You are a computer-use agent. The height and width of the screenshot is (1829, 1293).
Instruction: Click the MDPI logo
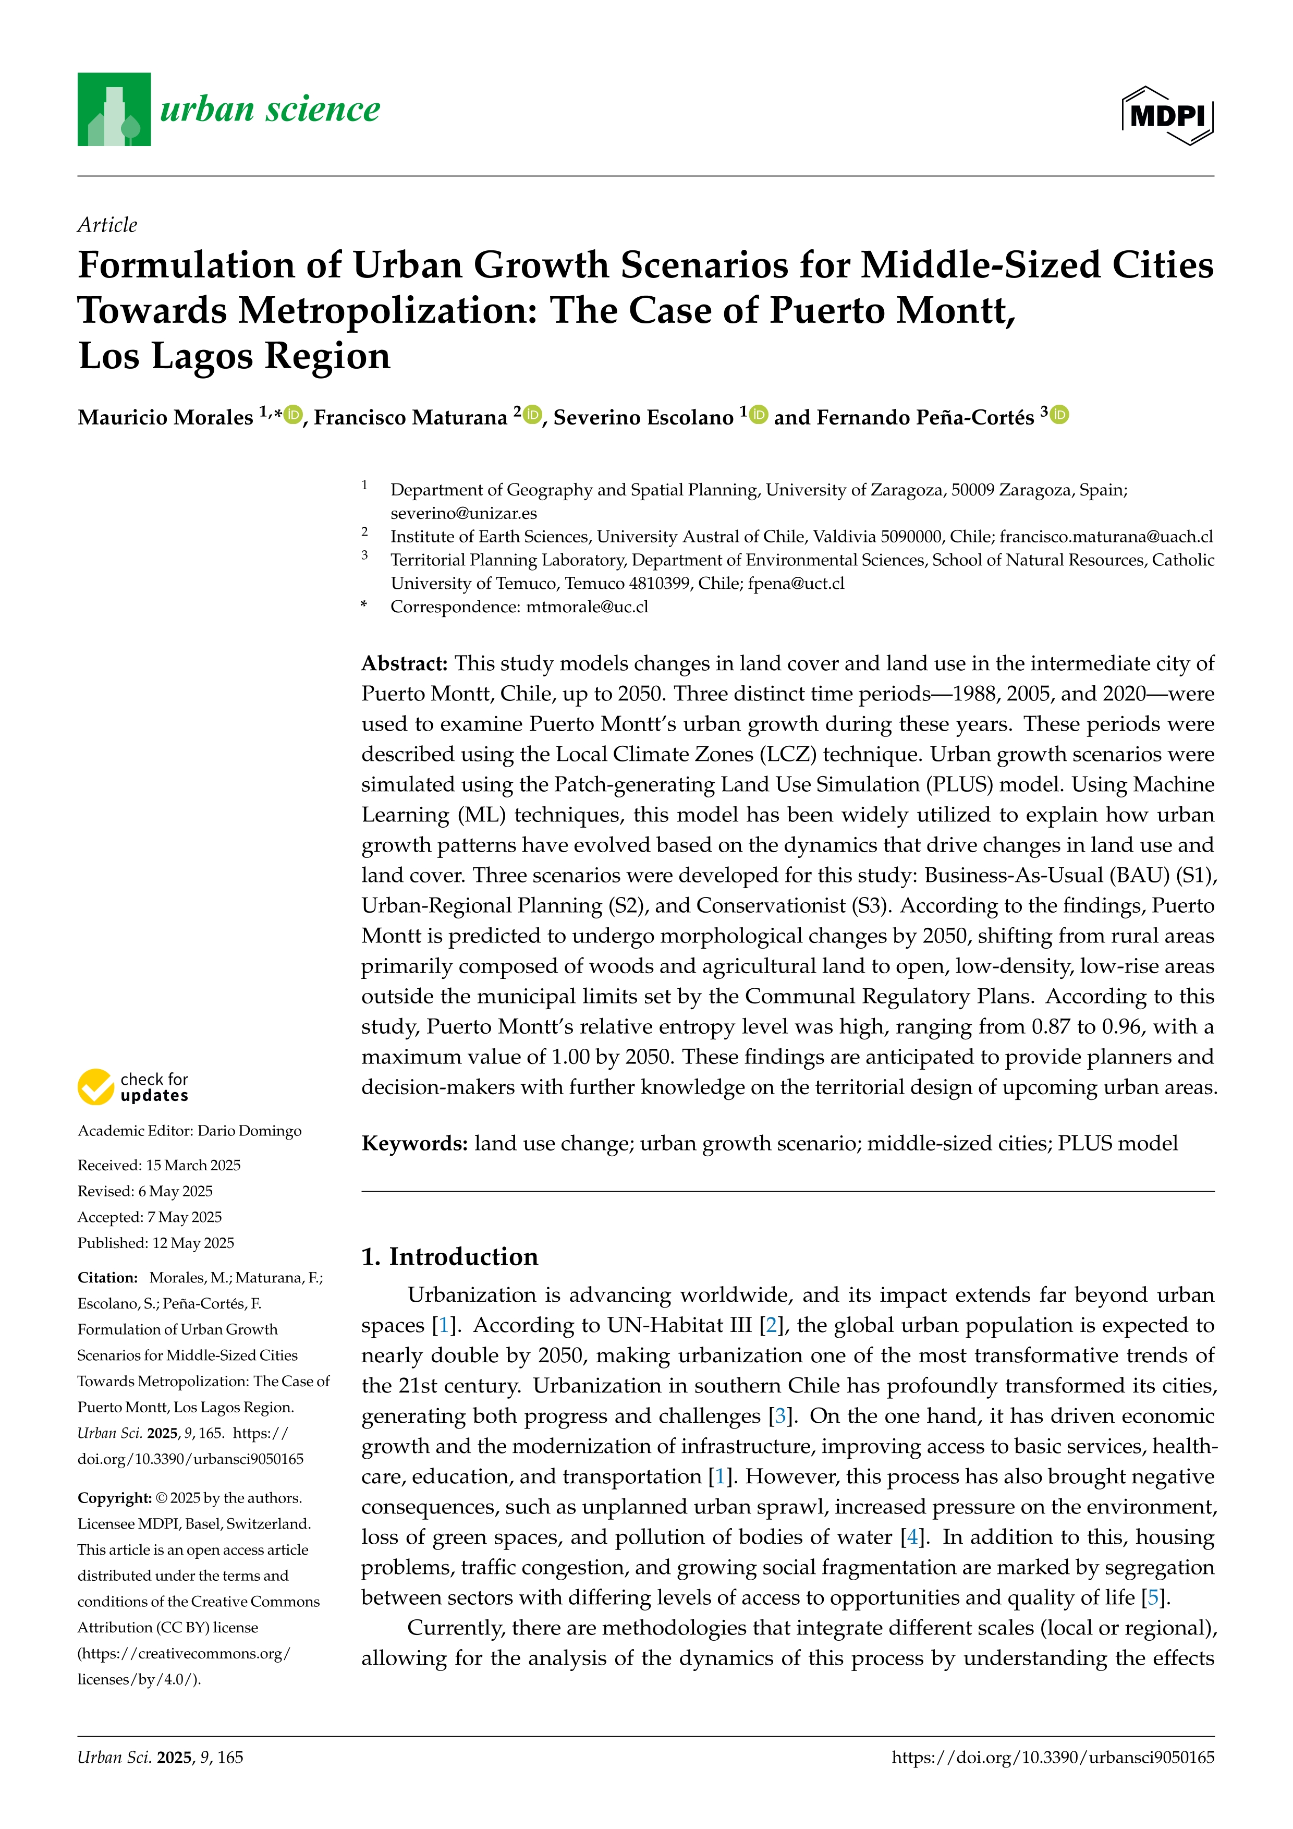(x=1167, y=115)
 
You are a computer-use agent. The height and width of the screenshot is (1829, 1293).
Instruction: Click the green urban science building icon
(x=114, y=109)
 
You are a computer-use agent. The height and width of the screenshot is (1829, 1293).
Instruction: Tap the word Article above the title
(x=107, y=225)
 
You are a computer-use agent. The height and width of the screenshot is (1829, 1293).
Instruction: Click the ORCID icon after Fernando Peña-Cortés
(x=1060, y=415)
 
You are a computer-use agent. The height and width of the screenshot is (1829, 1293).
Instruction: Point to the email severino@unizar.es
(x=463, y=513)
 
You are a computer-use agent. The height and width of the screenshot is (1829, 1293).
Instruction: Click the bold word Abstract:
(x=405, y=663)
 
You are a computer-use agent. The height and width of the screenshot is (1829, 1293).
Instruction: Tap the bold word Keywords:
(x=414, y=1144)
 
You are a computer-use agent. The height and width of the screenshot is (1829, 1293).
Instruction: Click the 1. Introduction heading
(x=450, y=1256)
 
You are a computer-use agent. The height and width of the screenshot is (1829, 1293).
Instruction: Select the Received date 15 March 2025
(x=193, y=1166)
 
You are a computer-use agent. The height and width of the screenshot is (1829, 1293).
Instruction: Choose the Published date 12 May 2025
(x=193, y=1243)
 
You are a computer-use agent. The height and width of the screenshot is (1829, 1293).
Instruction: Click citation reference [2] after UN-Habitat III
(x=771, y=1326)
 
